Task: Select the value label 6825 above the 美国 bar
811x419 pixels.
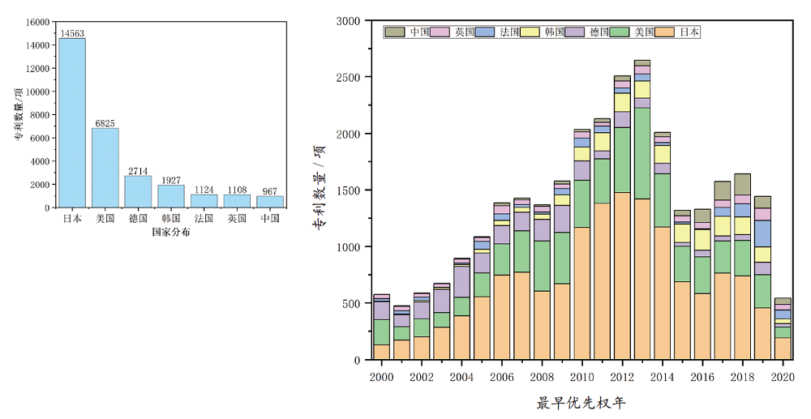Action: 105,123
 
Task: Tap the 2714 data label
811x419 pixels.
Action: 138,170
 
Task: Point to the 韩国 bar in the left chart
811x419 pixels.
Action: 171,196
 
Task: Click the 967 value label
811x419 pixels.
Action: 270,191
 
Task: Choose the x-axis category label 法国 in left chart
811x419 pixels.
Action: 204,219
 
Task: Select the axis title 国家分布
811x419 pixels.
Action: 171,233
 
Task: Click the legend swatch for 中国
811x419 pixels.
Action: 395,32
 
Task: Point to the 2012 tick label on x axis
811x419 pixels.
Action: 622,378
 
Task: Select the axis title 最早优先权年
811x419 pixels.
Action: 581,403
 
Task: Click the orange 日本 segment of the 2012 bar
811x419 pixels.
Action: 622,276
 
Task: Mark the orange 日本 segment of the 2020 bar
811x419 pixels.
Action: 783,348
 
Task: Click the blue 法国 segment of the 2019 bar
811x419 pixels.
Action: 762,233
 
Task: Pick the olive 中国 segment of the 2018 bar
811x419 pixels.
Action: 742,184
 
